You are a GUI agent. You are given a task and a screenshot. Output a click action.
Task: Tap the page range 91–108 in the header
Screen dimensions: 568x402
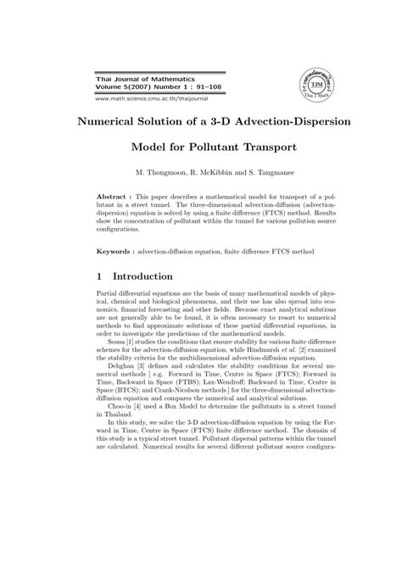coord(192,86)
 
